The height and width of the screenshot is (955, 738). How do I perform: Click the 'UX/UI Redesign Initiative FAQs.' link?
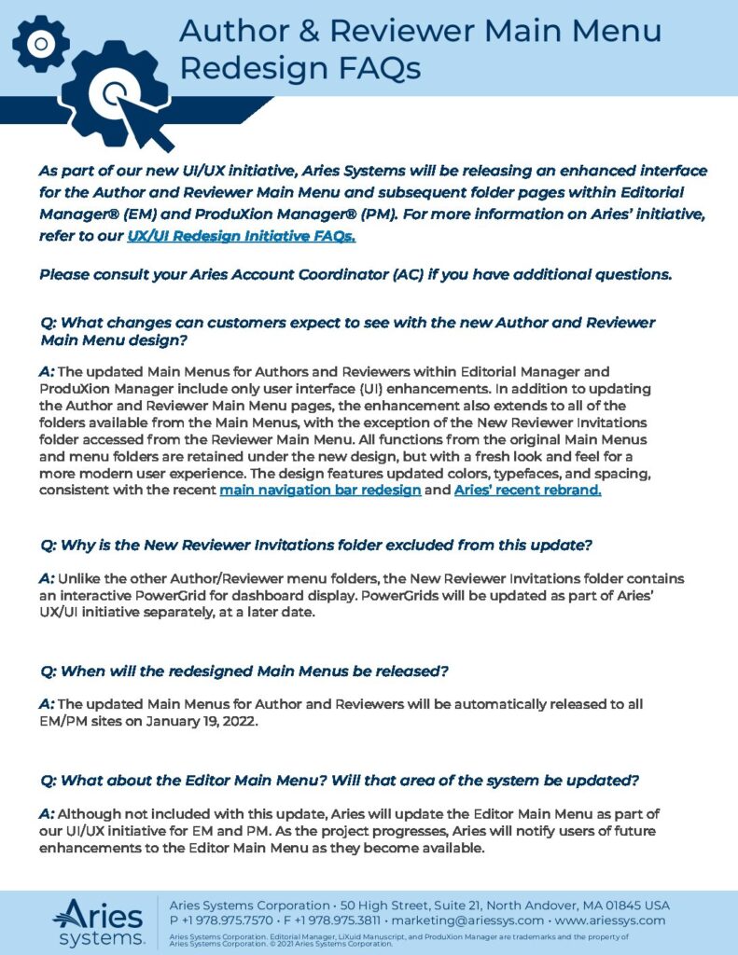(242, 237)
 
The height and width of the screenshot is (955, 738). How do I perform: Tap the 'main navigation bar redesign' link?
(320, 490)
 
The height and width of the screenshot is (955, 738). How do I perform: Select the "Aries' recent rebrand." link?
(527, 490)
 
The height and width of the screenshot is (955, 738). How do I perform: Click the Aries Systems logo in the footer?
(98, 920)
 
